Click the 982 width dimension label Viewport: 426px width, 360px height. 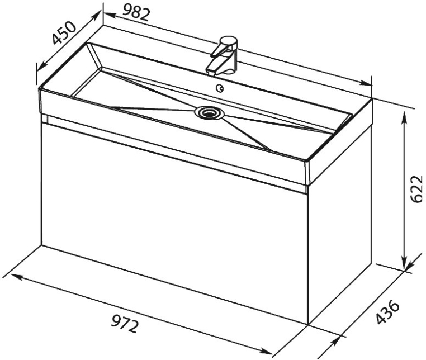136,13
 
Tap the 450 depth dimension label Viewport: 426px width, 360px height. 64,32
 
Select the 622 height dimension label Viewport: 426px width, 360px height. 416,189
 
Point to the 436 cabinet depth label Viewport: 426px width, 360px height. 388,312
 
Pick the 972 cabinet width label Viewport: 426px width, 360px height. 125,324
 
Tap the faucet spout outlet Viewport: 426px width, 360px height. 211,72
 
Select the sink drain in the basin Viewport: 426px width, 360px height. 209,113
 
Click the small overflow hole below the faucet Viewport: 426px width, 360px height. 220,88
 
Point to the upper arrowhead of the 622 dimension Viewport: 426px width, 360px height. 405,117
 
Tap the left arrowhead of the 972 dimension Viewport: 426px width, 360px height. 17,277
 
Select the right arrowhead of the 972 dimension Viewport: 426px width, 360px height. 266,350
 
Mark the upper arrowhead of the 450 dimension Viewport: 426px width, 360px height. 96,16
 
